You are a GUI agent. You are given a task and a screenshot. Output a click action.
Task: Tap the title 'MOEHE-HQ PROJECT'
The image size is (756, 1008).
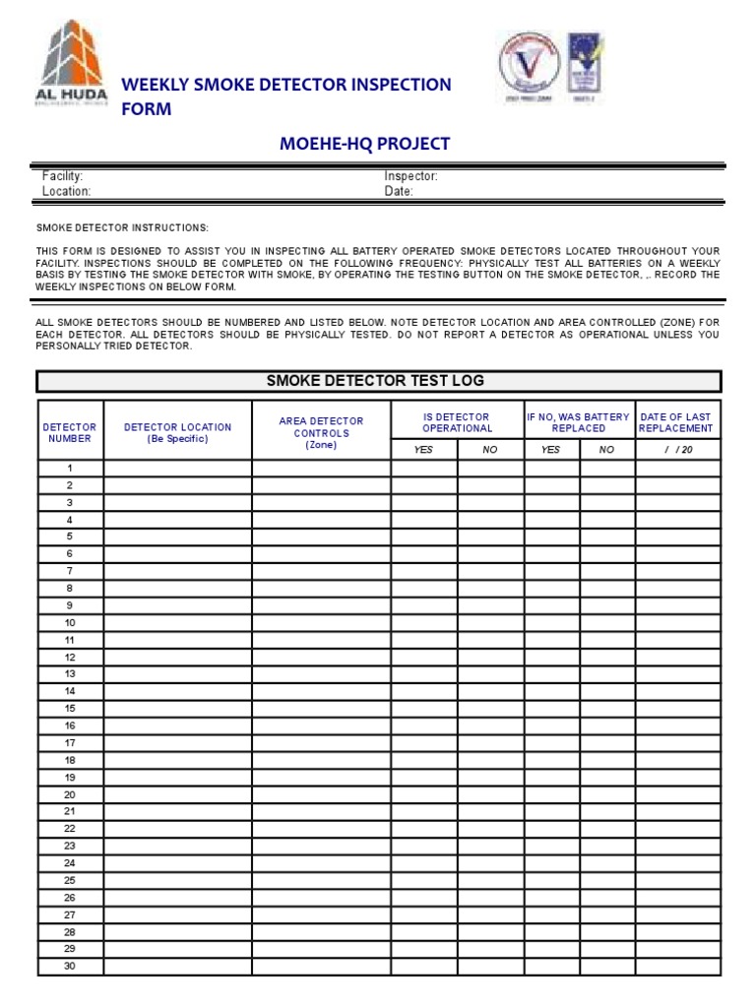pos(365,144)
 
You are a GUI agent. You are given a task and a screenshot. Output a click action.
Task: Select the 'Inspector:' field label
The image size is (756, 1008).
pos(410,176)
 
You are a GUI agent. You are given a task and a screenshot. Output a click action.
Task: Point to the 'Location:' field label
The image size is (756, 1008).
pos(66,192)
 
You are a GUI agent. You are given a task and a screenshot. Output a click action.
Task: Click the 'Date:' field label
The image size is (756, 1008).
pos(399,192)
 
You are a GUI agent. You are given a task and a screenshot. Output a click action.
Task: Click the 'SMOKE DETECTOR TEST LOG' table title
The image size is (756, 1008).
pos(376,381)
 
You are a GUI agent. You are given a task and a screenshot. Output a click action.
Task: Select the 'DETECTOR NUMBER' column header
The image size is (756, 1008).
pos(70,433)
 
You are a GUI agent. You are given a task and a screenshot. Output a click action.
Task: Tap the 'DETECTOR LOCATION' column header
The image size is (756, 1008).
pos(177,433)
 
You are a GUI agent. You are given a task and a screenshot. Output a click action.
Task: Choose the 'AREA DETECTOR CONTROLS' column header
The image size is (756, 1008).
pos(321,432)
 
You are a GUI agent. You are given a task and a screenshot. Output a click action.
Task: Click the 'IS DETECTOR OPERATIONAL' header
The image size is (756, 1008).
pos(457,422)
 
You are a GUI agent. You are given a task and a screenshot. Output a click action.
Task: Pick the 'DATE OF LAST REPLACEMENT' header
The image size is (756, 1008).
pos(676,422)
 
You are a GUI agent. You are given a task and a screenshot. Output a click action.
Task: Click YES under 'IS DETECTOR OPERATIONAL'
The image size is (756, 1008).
pos(423,450)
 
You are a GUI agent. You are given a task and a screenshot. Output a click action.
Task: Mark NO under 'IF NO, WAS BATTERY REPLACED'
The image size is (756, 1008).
pos(606,450)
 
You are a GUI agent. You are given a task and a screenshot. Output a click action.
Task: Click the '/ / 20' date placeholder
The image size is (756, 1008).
pos(678,450)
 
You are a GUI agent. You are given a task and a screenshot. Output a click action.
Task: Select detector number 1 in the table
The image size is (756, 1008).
pos(70,469)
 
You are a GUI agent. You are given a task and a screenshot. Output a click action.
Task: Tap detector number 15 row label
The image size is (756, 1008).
pos(70,709)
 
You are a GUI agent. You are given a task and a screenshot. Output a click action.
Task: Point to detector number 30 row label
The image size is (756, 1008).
pos(70,966)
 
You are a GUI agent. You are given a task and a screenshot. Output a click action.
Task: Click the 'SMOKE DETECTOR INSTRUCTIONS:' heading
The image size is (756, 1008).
pos(122,227)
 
